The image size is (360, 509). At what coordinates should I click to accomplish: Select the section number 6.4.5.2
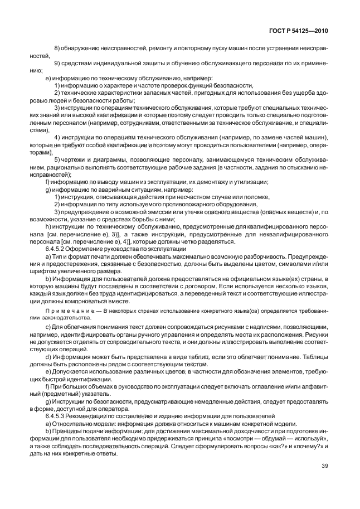pos(57,249)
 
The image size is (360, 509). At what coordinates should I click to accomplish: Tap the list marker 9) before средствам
pos(57,64)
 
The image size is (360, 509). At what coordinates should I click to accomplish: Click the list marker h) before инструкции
pos(48,227)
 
